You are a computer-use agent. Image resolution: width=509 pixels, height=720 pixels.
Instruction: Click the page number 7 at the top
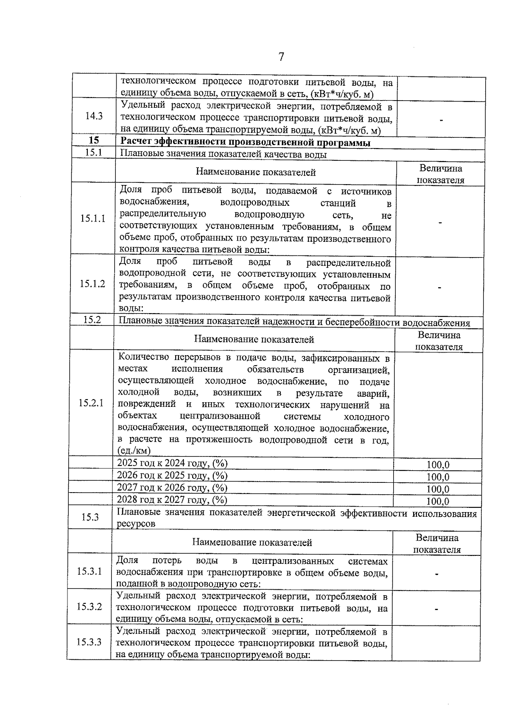coord(280,56)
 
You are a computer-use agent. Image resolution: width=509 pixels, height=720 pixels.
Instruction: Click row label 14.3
coord(94,116)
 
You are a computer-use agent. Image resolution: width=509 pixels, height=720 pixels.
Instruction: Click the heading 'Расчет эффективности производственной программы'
coord(246,143)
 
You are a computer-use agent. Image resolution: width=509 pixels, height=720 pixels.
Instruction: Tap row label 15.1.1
coord(93,219)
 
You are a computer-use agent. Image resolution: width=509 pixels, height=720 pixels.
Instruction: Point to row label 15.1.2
coord(92,284)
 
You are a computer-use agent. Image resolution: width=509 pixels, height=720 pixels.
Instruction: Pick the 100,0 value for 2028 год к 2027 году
coord(437,501)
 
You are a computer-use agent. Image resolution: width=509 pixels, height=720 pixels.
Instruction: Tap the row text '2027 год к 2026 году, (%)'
coord(172,487)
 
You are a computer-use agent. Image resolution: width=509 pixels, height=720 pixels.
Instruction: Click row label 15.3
coord(90,517)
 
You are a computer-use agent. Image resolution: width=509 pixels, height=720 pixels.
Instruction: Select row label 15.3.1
coord(89,571)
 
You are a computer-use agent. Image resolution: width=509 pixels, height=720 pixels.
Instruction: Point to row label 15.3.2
coord(89,606)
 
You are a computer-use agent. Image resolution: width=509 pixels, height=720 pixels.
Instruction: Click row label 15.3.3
coord(89,642)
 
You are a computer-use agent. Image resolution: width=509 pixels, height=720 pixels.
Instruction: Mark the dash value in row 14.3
coord(441,120)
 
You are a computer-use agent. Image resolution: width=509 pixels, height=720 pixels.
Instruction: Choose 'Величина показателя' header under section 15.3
coord(437,544)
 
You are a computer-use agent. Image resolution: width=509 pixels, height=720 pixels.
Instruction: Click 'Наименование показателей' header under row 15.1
coord(256,172)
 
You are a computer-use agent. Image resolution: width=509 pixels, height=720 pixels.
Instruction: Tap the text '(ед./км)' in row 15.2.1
coord(134,451)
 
